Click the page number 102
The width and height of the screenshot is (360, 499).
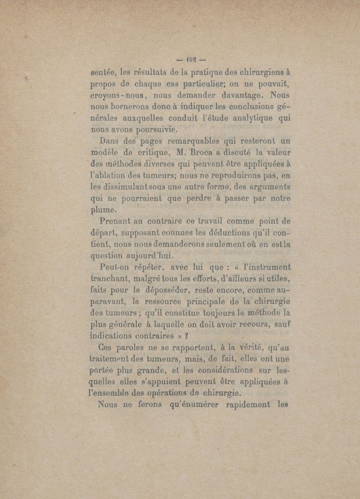click(185, 59)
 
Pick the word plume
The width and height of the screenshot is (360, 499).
click(103, 209)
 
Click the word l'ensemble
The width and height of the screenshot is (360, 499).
click(114, 396)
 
